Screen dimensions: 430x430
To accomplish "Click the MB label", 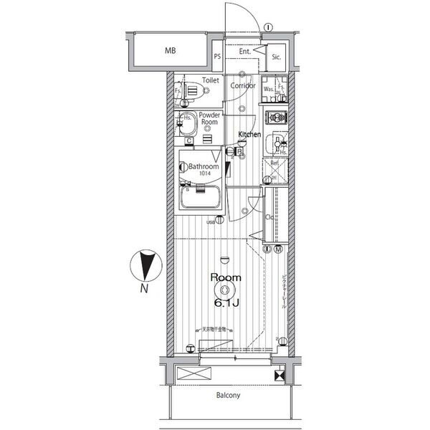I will [170, 51].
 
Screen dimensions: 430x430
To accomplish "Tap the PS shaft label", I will [216, 56].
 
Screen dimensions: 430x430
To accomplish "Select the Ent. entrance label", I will [244, 51].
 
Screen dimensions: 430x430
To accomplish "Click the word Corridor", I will [244, 85].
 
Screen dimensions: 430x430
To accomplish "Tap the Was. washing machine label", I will [268, 89].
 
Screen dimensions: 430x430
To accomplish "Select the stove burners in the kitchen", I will [275, 117].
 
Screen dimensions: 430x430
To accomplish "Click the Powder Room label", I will [209, 118].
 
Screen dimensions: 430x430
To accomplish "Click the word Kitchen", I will [249, 135].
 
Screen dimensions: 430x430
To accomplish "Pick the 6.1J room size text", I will [226, 304].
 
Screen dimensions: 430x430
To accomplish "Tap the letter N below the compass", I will [144, 290].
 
